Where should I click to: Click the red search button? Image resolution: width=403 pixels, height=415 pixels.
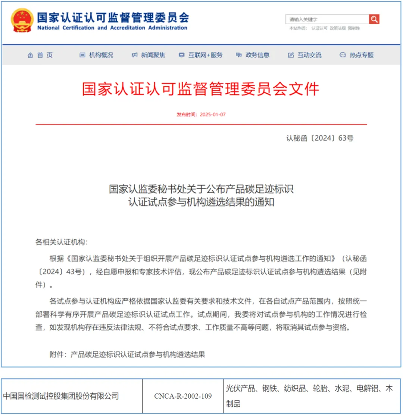(374, 19)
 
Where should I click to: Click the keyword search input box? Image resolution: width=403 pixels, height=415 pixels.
(327, 19)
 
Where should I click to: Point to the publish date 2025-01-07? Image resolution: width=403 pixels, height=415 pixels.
(213, 115)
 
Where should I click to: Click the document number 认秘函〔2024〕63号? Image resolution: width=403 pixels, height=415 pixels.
(320, 138)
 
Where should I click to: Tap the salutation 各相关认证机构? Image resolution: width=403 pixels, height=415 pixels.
(62, 242)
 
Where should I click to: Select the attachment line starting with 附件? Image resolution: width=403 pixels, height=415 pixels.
(127, 354)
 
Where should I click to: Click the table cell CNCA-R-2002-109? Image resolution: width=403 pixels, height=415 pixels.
(183, 396)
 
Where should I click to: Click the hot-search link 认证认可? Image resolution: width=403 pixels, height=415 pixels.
(319, 28)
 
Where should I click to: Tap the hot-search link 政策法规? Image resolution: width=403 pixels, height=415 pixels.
(337, 28)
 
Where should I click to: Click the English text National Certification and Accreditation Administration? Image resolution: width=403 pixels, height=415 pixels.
(112, 28)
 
